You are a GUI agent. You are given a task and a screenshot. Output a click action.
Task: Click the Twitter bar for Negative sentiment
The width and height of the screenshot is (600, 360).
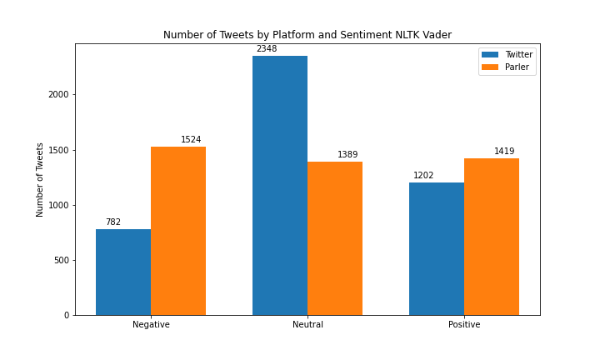tap(123, 272)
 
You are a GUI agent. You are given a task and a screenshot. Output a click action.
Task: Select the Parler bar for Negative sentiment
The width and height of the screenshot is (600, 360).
tap(178, 231)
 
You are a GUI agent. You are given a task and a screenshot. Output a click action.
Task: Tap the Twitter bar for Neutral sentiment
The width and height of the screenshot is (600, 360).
tap(280, 185)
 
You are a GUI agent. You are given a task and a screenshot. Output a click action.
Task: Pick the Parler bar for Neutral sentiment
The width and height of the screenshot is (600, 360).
tap(335, 238)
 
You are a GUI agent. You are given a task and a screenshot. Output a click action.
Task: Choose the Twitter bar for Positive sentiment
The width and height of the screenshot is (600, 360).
tap(437, 248)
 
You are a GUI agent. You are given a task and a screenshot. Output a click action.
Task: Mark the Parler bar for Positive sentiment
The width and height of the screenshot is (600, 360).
tap(492, 237)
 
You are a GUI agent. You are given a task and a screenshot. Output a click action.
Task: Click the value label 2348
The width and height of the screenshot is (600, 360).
tap(267, 49)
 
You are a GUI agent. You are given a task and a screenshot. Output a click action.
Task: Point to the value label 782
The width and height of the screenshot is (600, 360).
tap(113, 222)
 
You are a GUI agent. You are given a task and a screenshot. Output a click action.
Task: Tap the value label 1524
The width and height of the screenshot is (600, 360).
tap(191, 140)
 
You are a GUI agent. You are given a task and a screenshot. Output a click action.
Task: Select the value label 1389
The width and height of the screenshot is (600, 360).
tap(347, 155)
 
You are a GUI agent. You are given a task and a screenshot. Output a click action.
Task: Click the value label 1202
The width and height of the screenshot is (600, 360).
tap(423, 176)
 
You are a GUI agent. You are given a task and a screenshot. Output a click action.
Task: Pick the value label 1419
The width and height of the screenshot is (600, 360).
tap(504, 152)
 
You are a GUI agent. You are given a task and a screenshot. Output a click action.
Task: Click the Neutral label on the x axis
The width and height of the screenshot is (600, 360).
tap(307, 325)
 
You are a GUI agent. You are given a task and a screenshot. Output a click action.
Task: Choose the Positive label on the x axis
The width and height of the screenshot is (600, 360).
tap(464, 325)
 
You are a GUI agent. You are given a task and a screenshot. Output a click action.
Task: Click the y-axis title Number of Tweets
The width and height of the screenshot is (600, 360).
tap(40, 179)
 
